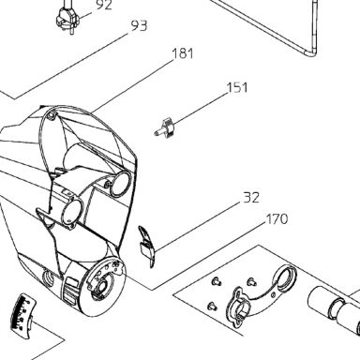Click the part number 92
click(104, 5)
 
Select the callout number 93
click(139, 26)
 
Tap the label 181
click(183, 53)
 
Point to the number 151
click(237, 87)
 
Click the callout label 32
click(251, 198)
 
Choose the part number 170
click(277, 219)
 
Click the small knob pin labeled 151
click(163, 127)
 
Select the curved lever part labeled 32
click(146, 247)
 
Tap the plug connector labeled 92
click(67, 18)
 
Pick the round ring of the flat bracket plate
click(286, 276)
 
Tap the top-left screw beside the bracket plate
click(216, 281)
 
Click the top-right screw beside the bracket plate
click(252, 282)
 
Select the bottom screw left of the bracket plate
click(213, 306)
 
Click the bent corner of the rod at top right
click(311, 52)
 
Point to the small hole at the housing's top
click(52, 115)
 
